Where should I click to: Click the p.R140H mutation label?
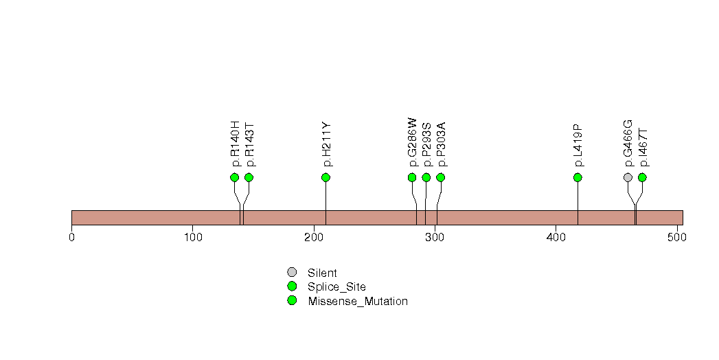pos(235,144)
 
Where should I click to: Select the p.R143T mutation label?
pos(249,145)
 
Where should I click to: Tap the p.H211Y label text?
pos(326,145)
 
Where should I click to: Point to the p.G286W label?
pos(412,142)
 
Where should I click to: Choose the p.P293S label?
pos(426,144)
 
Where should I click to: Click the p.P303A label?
pos(441,144)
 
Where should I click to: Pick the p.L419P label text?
pos(578,146)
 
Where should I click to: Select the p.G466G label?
pos(628,143)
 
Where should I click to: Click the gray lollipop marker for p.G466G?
pos(628,177)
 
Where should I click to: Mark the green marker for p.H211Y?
pos(326,177)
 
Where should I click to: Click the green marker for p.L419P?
pos(578,177)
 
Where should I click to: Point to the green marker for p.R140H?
pos(235,177)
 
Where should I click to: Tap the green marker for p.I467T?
pos(642,177)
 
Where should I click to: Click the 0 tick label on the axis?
pos(71,238)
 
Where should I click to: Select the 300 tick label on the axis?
pos(434,238)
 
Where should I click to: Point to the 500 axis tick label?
pos(676,238)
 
